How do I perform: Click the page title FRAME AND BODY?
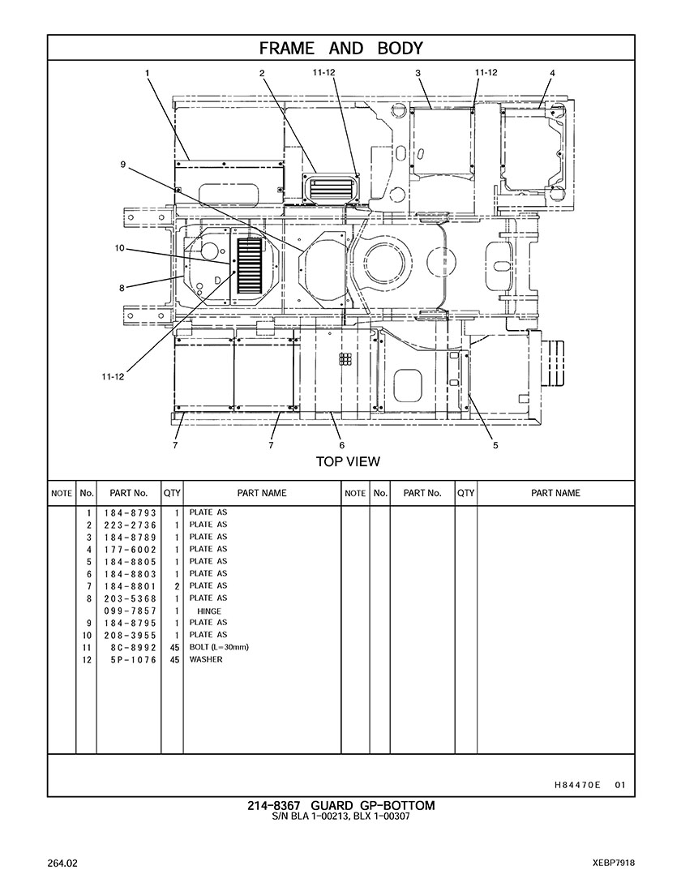340,49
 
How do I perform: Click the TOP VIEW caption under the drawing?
348,462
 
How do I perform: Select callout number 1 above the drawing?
147,73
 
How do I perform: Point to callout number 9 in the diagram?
122,165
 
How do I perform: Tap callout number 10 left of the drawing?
119,248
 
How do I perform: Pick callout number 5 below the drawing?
495,445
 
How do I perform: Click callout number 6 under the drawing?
342,445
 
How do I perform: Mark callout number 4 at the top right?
553,73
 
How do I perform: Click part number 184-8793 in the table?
130,513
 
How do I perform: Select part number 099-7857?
130,611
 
